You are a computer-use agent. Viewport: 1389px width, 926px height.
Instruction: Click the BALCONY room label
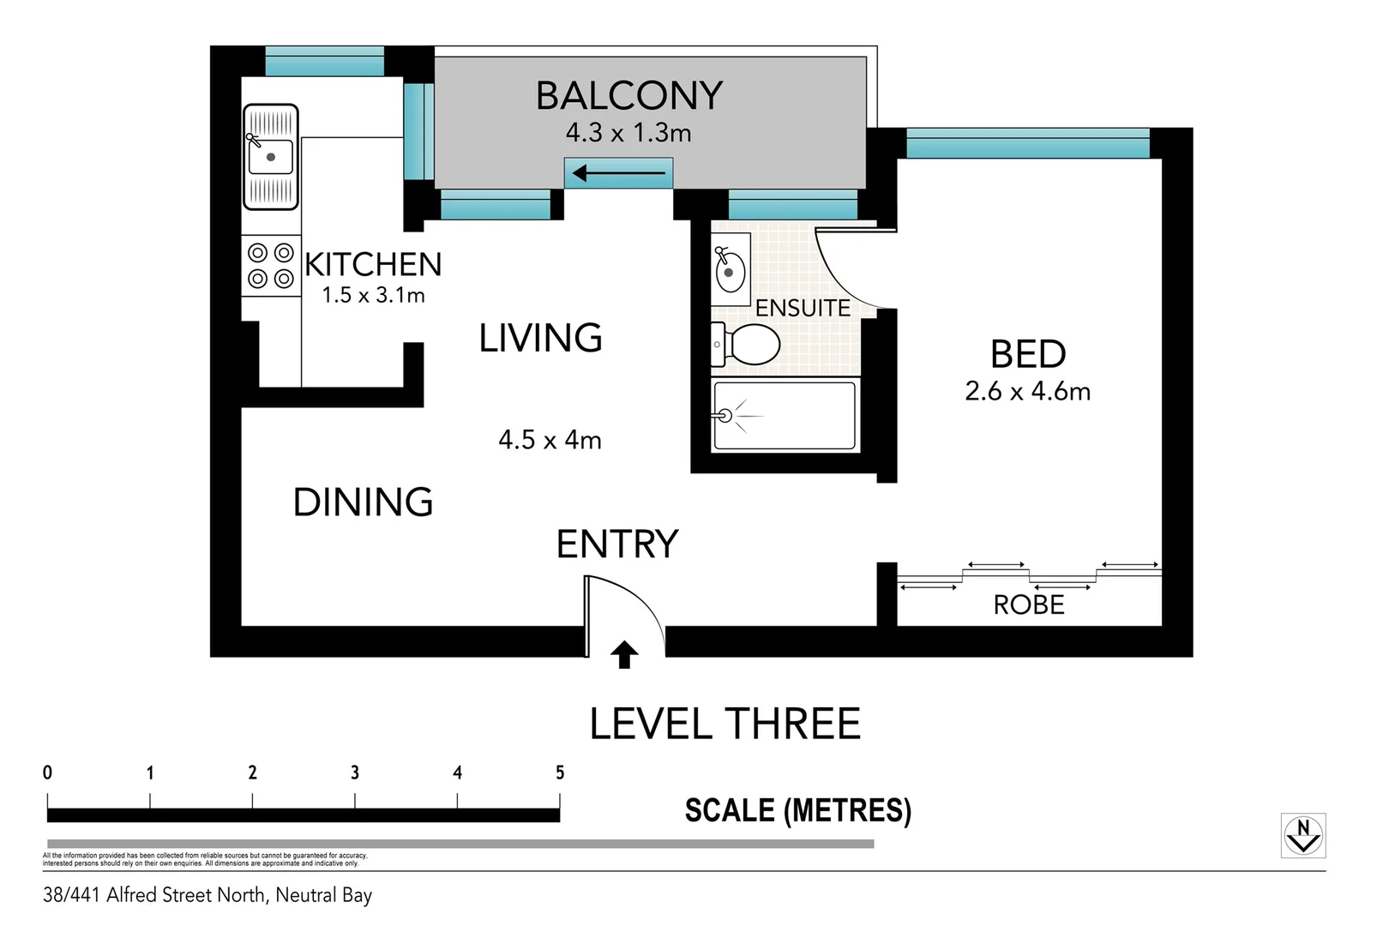(629, 95)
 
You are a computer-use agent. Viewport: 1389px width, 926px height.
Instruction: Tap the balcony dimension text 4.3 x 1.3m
(628, 133)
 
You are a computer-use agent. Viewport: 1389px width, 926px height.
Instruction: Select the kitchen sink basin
(271, 157)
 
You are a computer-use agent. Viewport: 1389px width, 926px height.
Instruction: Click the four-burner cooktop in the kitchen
(271, 266)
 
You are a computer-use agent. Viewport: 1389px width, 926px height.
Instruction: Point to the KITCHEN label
(373, 264)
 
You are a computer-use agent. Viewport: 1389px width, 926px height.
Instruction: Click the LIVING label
(540, 338)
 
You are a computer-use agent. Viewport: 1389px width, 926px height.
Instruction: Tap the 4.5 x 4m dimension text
(550, 440)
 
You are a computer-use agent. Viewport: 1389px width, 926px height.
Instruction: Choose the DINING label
(363, 502)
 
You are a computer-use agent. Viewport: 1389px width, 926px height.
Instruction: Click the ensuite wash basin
(730, 268)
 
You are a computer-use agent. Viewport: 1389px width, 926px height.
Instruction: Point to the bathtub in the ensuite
(785, 416)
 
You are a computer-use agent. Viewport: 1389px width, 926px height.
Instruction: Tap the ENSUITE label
(803, 308)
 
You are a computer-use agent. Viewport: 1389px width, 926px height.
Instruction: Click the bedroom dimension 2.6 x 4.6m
(1027, 391)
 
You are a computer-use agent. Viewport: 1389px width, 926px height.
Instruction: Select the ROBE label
(1028, 604)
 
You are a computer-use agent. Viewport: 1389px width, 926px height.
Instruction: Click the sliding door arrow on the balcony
(618, 174)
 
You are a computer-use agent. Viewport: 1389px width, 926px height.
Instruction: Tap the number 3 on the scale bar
(355, 773)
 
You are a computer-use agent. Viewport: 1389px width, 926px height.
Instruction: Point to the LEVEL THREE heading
(725, 725)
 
